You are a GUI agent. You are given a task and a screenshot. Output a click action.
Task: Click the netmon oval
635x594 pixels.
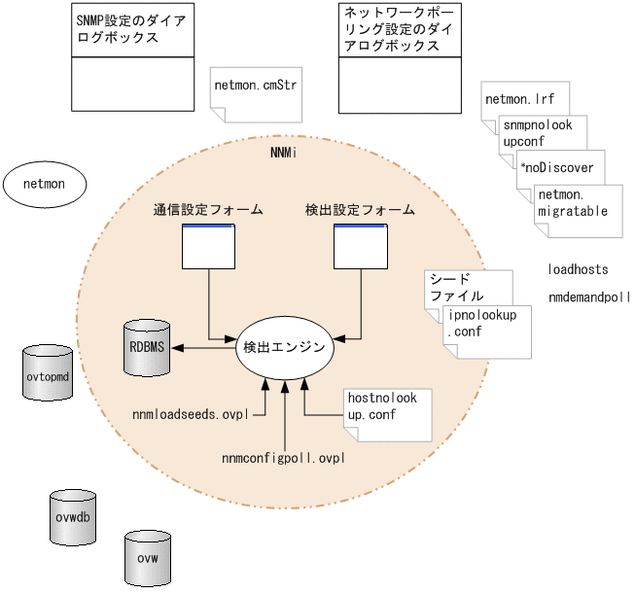43,182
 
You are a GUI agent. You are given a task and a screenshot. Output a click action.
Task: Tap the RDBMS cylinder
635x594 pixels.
147,346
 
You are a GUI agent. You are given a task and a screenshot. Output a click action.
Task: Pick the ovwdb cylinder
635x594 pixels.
74,516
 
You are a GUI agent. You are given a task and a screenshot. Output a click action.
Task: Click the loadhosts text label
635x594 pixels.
578,268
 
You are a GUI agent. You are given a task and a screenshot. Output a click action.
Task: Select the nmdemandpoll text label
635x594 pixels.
588,297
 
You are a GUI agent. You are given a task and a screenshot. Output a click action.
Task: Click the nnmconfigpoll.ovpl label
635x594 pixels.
283,457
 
